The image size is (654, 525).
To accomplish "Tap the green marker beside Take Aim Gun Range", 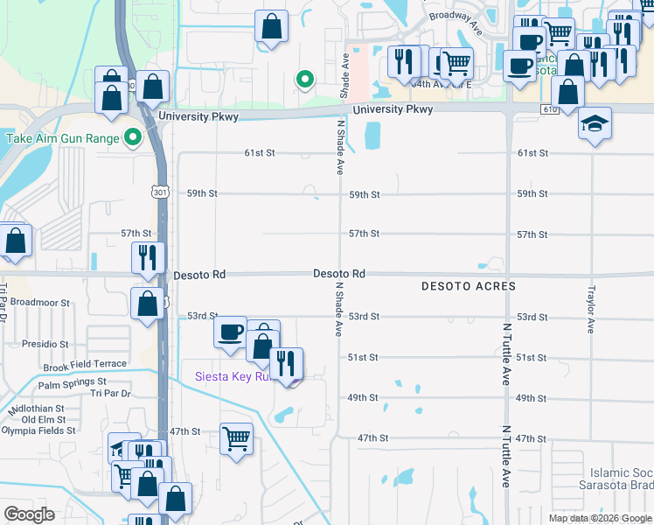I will pyautogui.click(x=132, y=137).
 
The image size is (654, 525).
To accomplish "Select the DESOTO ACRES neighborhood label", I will pyautogui.click(x=468, y=287).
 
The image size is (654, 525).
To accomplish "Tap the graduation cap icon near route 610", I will pyautogui.click(x=595, y=122).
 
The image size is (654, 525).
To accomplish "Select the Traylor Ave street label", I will pyautogui.click(x=591, y=309).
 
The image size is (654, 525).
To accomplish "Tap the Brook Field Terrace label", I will pyautogui.click(x=85, y=363).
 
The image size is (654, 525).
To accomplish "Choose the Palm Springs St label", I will pyautogui.click(x=72, y=382).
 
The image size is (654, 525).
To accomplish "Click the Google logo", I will pyautogui.click(x=29, y=514).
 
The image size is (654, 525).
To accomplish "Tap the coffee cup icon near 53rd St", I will pyautogui.click(x=231, y=332).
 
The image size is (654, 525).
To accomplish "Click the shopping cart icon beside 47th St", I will pyautogui.click(x=236, y=437).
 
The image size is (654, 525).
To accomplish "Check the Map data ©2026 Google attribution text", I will pyautogui.click(x=600, y=518).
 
